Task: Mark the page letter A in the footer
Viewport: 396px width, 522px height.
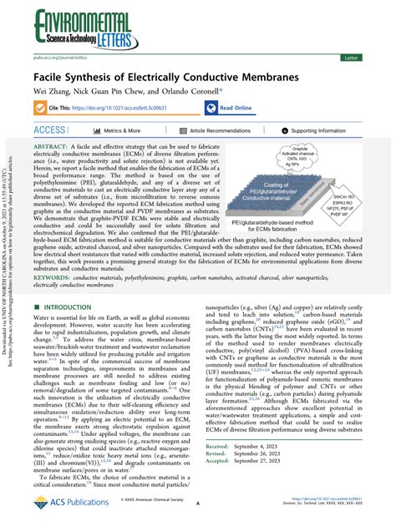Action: click(197, 504)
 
